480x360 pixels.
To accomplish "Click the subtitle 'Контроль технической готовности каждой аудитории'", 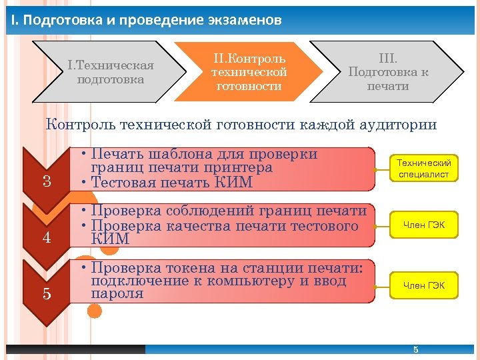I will (241, 124).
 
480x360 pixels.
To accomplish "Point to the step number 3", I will (47, 181).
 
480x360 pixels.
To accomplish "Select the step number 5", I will (47, 293).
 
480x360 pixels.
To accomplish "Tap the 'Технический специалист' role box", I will (424, 169).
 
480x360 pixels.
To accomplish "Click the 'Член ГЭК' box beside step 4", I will (424, 225).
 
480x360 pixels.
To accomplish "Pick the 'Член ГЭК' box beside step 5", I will (424, 285).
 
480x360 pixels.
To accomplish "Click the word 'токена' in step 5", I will (180, 268).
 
